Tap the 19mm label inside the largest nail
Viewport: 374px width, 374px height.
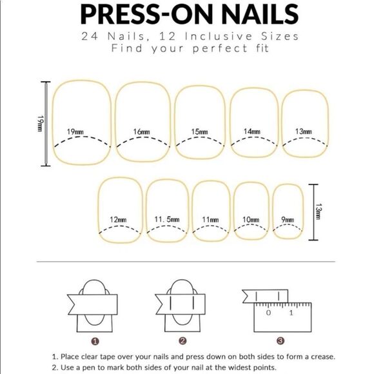tap(75, 132)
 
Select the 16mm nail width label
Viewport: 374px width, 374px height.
tap(142, 132)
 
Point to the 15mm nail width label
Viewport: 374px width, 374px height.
tap(199, 132)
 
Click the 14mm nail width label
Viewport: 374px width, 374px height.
tap(252, 132)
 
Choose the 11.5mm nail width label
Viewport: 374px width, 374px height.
tap(167, 219)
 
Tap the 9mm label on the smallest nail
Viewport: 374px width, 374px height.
tap(288, 219)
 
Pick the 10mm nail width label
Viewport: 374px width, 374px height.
tap(251, 219)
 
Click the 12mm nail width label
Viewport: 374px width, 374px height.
tap(118, 219)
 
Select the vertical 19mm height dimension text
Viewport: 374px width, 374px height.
tap(40, 124)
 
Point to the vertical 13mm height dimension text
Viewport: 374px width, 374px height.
tap(319, 212)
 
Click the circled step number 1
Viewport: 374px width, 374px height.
tap(95, 342)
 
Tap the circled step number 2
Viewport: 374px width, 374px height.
tap(182, 341)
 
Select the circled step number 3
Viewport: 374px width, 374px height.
tap(280, 341)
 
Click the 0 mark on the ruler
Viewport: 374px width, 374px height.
tap(269, 313)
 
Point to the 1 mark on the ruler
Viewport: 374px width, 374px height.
tap(291, 313)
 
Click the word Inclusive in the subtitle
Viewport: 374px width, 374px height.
tap(219, 37)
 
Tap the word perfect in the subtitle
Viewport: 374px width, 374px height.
tap(220, 48)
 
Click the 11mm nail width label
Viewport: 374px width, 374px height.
tap(210, 219)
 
